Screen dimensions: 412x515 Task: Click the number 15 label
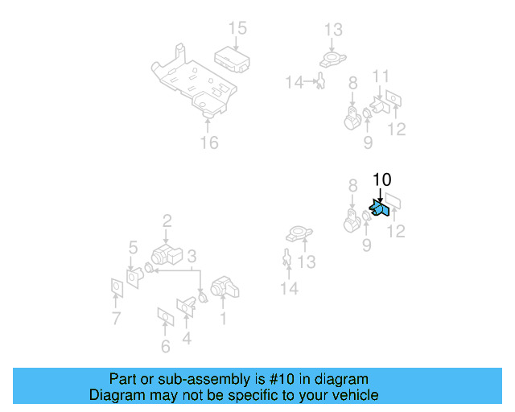pos(237,29)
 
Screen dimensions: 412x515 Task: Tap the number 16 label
pos(209,143)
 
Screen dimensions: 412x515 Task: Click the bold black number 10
pos(381,179)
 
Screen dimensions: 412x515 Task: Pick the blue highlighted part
pos(379,209)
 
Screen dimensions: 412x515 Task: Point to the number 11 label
pos(381,77)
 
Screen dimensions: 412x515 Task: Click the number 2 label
pos(167,220)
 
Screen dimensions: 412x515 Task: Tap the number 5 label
pos(134,247)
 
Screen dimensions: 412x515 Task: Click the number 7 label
pos(116,319)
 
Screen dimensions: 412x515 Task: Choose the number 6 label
pos(166,347)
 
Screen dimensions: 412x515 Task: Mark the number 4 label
pos(187,339)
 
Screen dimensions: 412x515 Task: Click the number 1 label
pos(222,319)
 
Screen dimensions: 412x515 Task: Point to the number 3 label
pos(192,257)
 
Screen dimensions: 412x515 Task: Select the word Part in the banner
pos(123,379)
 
